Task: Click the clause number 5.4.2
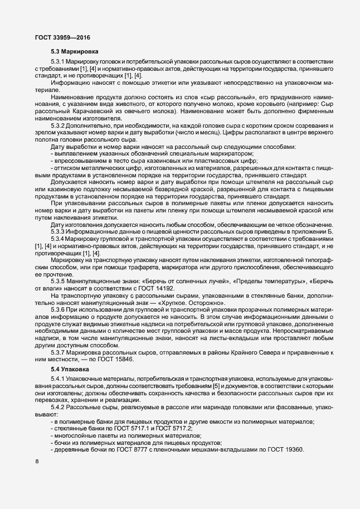(x=59, y=409)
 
